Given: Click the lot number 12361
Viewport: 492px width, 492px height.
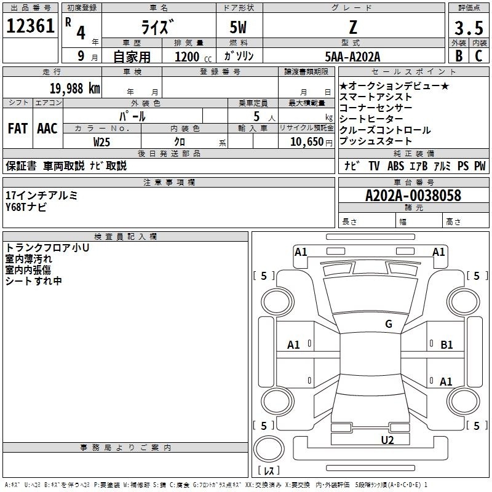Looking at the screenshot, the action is (30, 26).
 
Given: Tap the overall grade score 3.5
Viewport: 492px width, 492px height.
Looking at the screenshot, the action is (469, 28).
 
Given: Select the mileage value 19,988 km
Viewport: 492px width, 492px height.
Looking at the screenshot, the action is (74, 89).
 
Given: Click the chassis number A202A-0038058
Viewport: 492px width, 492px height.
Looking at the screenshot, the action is (413, 196).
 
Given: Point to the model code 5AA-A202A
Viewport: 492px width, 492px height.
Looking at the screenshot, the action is (352, 57).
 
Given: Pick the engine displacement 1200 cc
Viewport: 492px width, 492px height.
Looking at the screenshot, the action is (193, 57).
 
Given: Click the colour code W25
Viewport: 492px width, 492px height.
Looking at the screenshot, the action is (101, 142).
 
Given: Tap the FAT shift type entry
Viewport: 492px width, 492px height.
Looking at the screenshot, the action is (18, 129).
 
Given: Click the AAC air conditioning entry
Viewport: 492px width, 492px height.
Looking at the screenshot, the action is (47, 129).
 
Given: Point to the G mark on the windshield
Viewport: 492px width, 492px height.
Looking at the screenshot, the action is (389, 323).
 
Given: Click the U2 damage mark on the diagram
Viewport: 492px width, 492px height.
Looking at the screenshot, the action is (387, 440).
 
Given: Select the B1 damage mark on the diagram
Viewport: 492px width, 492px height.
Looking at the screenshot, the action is (446, 345).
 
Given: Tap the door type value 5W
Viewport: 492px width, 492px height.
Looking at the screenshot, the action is (238, 27).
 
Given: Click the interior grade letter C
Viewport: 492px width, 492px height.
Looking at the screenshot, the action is (478, 56).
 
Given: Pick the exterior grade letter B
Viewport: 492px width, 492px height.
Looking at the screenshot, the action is (459, 56).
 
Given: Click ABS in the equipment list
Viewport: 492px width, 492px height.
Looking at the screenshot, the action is (395, 165).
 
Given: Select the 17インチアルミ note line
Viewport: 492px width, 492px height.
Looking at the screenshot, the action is (41, 196).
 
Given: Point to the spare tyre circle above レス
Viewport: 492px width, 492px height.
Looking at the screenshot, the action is (269, 448).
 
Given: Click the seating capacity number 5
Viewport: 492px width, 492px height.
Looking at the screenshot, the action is (256, 116).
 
